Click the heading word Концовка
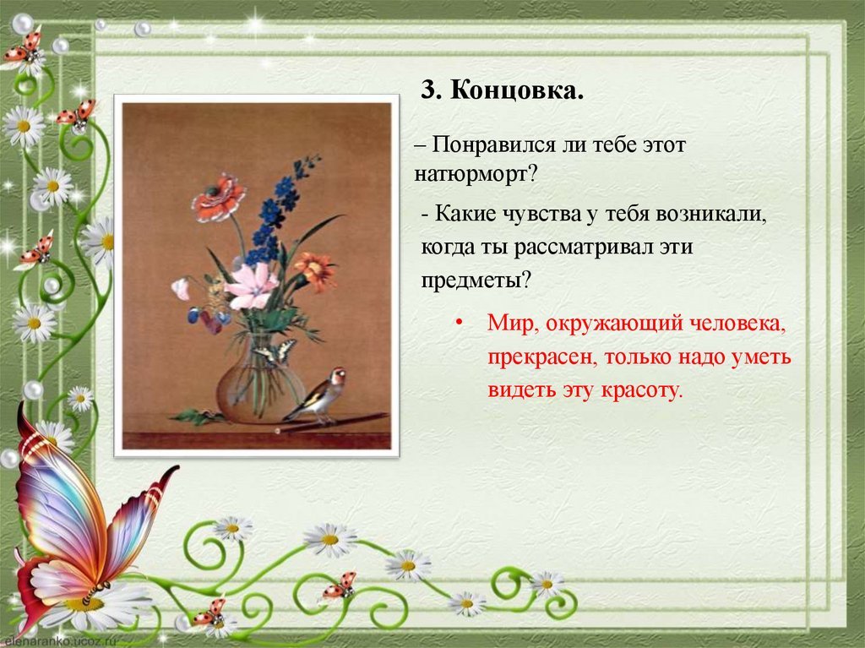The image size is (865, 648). point(517,90)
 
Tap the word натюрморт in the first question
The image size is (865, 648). point(476,174)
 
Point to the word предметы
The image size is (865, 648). point(476,280)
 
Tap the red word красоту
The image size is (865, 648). point(642,389)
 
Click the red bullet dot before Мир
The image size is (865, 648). point(458,323)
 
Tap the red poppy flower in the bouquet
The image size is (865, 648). point(219,197)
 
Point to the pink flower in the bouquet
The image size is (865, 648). point(251,286)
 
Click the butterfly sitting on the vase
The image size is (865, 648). point(275,352)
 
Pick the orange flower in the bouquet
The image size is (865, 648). point(315,270)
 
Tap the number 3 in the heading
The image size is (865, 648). point(427,90)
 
